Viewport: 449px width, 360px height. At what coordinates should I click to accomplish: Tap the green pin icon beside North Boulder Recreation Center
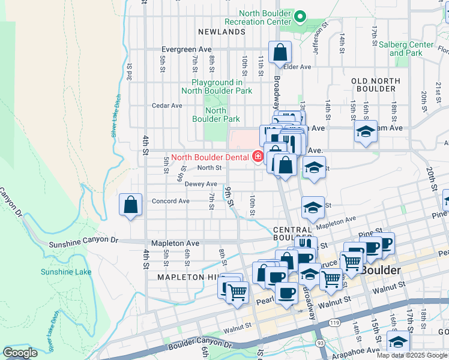click(301, 16)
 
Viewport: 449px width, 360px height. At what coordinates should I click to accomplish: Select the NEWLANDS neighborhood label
click(223, 32)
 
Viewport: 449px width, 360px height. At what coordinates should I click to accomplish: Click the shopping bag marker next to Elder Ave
click(280, 53)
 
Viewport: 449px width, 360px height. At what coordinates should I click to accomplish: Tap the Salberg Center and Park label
click(411, 49)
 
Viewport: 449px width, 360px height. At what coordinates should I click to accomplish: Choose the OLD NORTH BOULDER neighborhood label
click(376, 85)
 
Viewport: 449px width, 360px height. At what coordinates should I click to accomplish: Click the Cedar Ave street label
click(167, 106)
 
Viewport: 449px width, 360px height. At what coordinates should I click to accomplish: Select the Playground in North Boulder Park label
click(217, 86)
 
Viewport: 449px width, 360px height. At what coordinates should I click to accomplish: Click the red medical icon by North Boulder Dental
click(258, 157)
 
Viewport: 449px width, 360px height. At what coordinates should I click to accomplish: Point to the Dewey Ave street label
click(201, 184)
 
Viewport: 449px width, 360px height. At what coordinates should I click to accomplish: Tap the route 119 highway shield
click(325, 323)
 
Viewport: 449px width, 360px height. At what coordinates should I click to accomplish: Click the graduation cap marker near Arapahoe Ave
click(397, 342)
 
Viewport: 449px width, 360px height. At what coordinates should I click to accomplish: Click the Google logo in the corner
click(20, 353)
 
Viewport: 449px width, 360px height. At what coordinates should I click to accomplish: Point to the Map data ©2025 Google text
click(412, 355)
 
